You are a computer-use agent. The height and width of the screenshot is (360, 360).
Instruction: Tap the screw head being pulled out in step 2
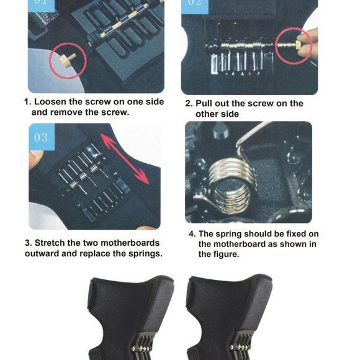click(297, 45)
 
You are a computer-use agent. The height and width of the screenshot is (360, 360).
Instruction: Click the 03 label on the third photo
click(41, 137)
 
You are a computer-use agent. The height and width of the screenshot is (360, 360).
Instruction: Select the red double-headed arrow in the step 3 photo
click(128, 160)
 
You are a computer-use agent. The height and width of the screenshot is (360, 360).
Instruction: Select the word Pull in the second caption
click(206, 104)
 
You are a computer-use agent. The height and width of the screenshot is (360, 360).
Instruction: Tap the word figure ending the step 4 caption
click(225, 254)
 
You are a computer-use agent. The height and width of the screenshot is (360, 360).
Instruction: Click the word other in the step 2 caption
click(208, 114)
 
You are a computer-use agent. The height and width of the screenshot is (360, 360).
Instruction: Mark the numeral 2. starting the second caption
click(189, 104)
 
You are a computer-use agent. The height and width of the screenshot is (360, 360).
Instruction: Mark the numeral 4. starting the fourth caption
click(192, 234)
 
